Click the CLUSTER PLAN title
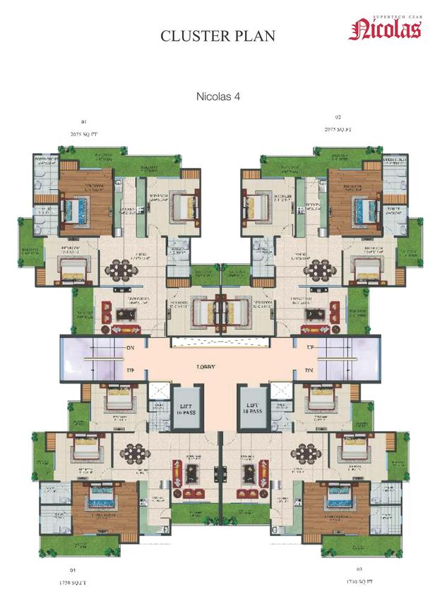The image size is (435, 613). click(x=217, y=36)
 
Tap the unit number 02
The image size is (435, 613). click(x=338, y=117)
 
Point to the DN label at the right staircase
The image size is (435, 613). click(x=309, y=370)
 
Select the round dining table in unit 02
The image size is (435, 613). click(x=318, y=269)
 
